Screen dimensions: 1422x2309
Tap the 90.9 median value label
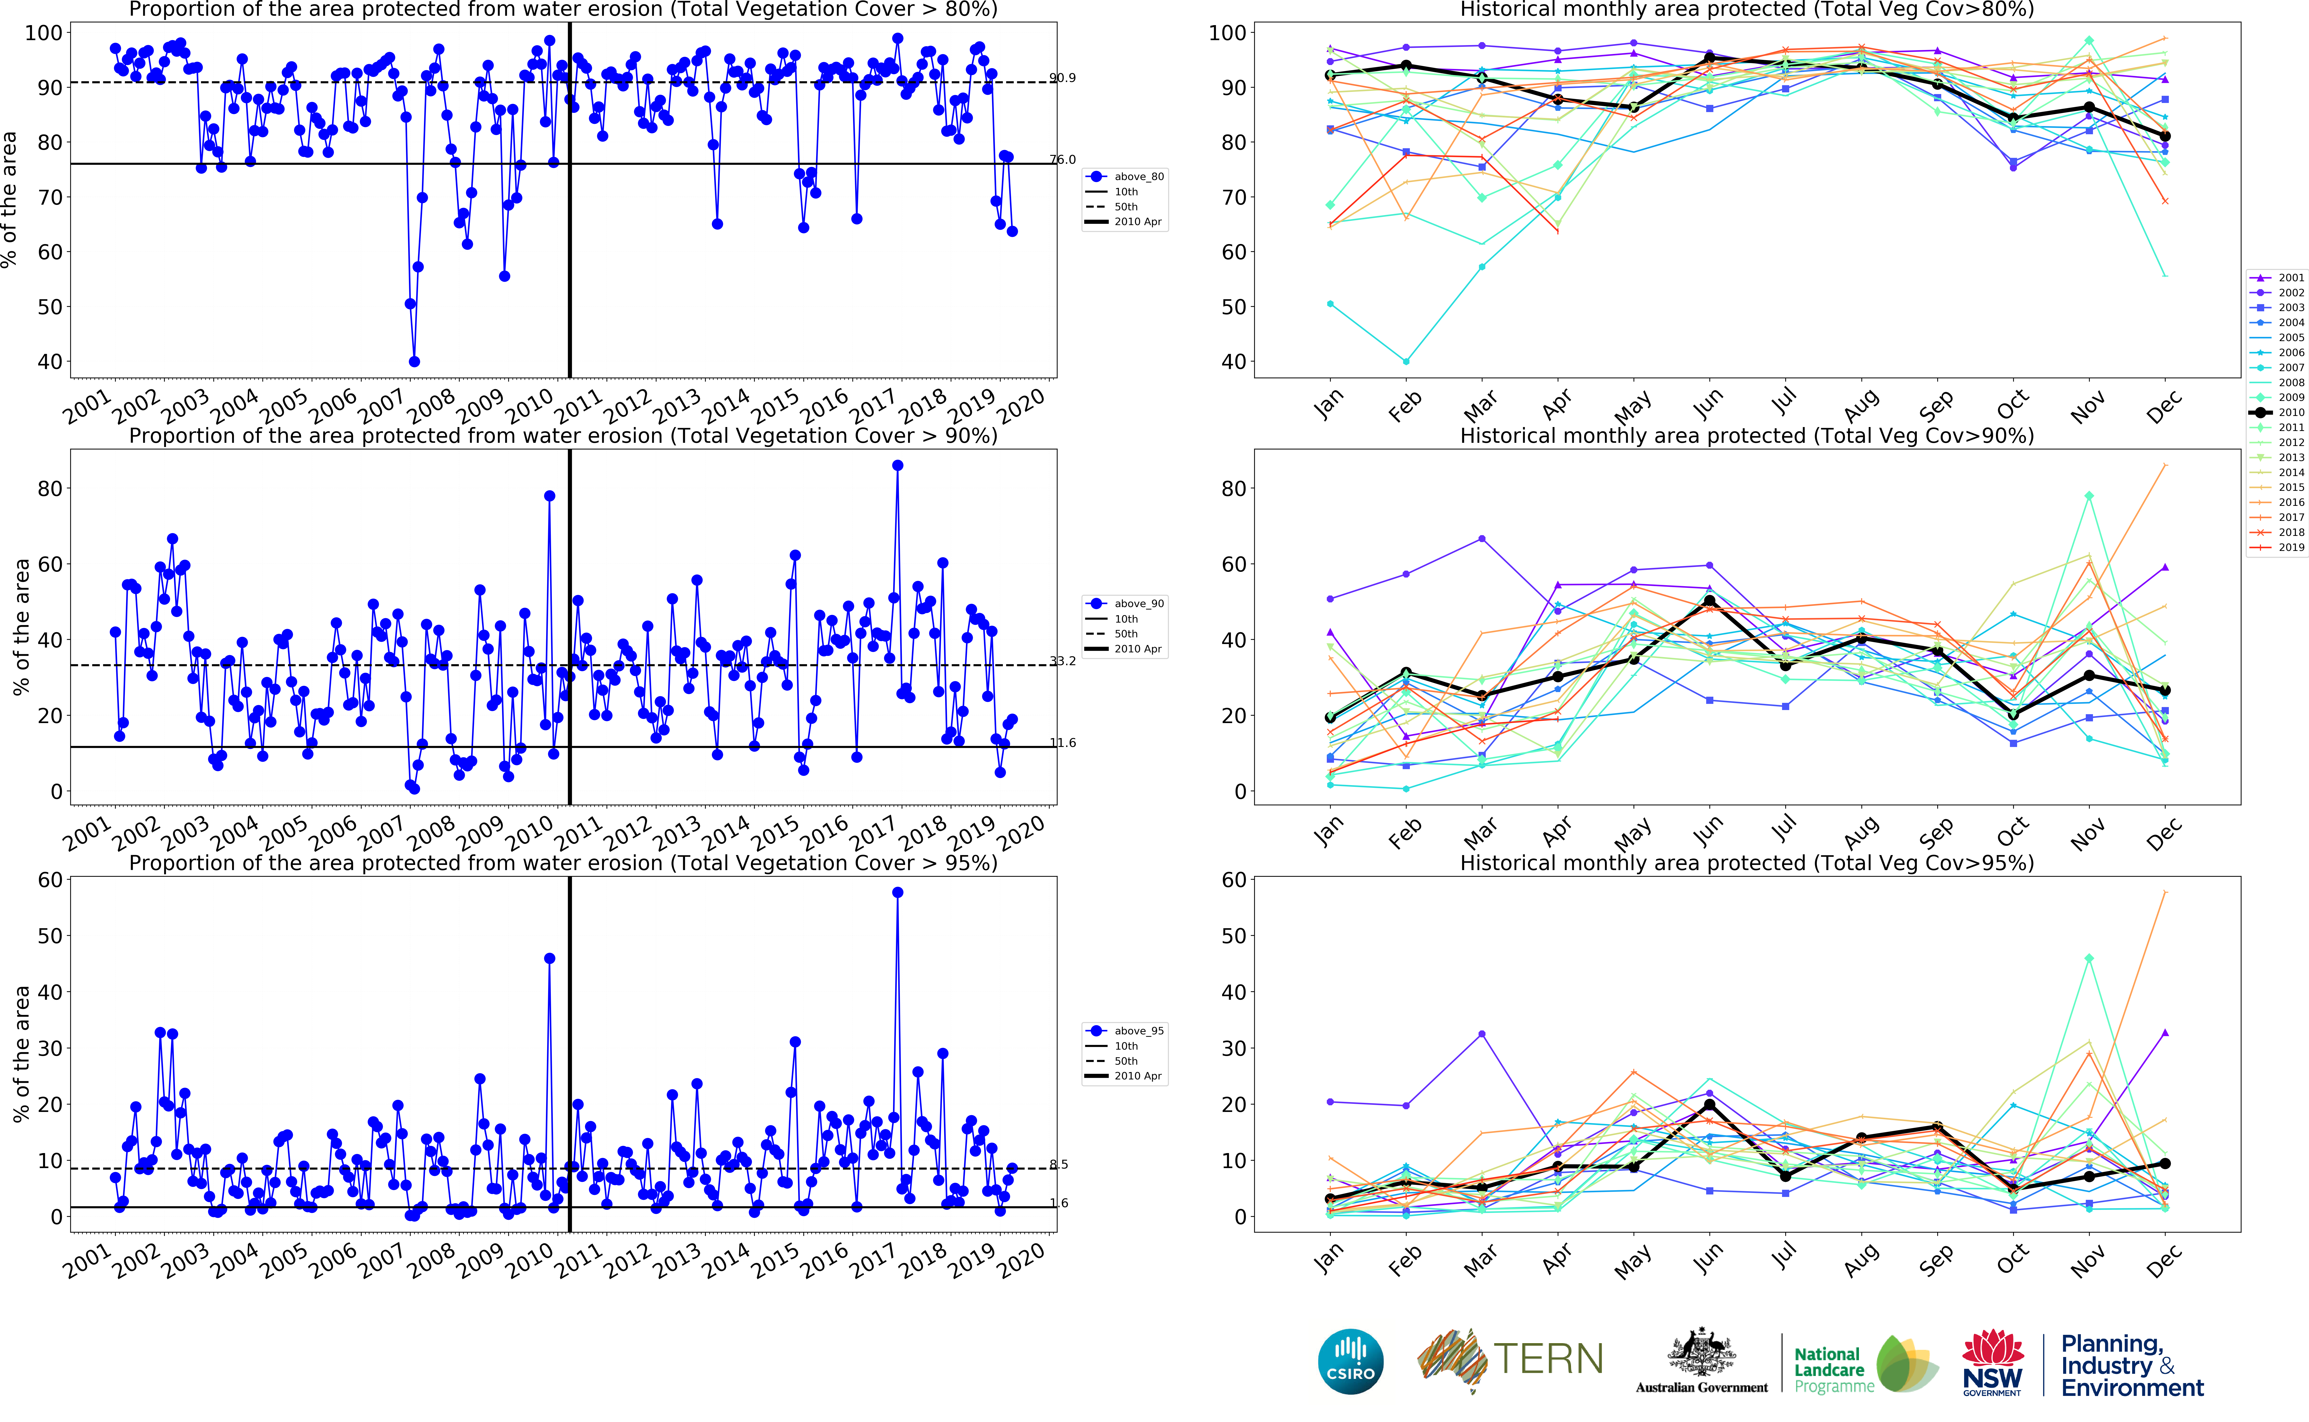click(x=1063, y=78)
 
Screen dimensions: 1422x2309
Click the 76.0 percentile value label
click(x=1063, y=160)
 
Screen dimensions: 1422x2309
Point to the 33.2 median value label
click(x=1063, y=661)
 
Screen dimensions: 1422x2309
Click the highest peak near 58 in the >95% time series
click(x=897, y=893)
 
